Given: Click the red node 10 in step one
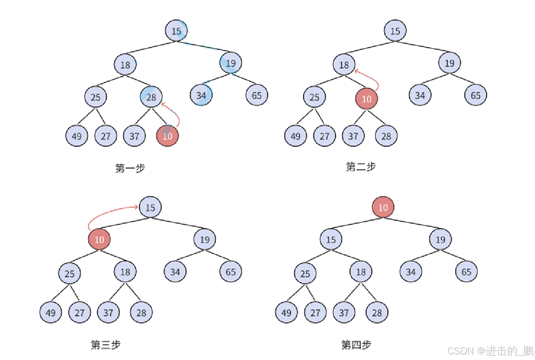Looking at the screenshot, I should point(168,136).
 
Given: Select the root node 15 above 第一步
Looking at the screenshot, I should point(176,31).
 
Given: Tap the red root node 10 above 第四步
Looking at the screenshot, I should point(383,207).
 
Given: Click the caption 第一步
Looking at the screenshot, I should point(130,168).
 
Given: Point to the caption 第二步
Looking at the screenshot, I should point(361,167).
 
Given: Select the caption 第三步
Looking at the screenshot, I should point(105,345).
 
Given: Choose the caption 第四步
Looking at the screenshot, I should point(356,345).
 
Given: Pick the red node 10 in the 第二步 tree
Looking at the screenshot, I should point(367,99).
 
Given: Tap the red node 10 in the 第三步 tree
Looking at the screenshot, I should point(99,239).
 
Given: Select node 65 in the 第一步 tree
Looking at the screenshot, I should point(257,95).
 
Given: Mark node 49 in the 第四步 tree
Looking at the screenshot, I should point(286,313).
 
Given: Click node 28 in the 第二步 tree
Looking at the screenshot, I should point(386,136).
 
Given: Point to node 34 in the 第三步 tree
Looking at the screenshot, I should point(175,272).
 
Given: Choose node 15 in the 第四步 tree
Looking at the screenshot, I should point(331,239).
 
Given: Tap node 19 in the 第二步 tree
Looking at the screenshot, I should point(450,63).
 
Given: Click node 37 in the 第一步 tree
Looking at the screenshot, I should point(134,136).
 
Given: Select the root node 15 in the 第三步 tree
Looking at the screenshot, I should point(150,207).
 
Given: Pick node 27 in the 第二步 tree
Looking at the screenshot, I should point(324,136).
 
